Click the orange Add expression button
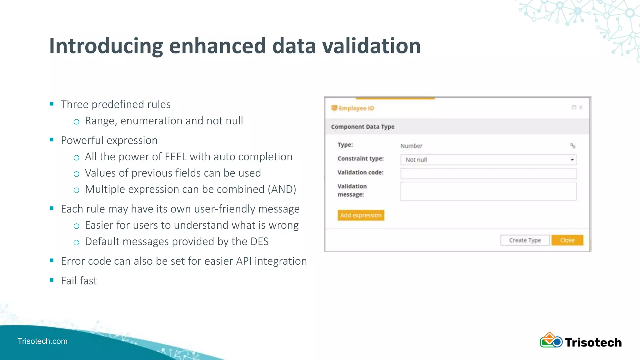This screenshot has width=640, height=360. (x=361, y=215)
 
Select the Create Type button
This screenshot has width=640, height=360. (x=525, y=240)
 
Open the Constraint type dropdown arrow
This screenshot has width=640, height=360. (x=572, y=160)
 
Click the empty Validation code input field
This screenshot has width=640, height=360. (x=488, y=173)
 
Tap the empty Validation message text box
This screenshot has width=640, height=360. (x=488, y=191)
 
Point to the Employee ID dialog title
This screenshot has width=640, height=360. (x=356, y=108)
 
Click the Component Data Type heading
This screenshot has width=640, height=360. (x=362, y=127)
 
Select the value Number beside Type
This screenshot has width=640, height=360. (x=411, y=146)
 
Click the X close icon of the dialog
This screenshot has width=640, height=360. (x=581, y=107)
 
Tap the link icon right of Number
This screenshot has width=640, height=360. (x=572, y=146)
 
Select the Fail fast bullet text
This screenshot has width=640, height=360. (x=79, y=281)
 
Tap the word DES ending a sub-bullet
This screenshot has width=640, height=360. (x=259, y=242)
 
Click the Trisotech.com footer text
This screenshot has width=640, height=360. (x=42, y=341)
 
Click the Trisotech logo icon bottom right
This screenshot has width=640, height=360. (x=551, y=341)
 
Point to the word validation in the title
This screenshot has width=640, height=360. (x=371, y=46)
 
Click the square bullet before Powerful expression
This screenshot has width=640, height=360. (x=52, y=140)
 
